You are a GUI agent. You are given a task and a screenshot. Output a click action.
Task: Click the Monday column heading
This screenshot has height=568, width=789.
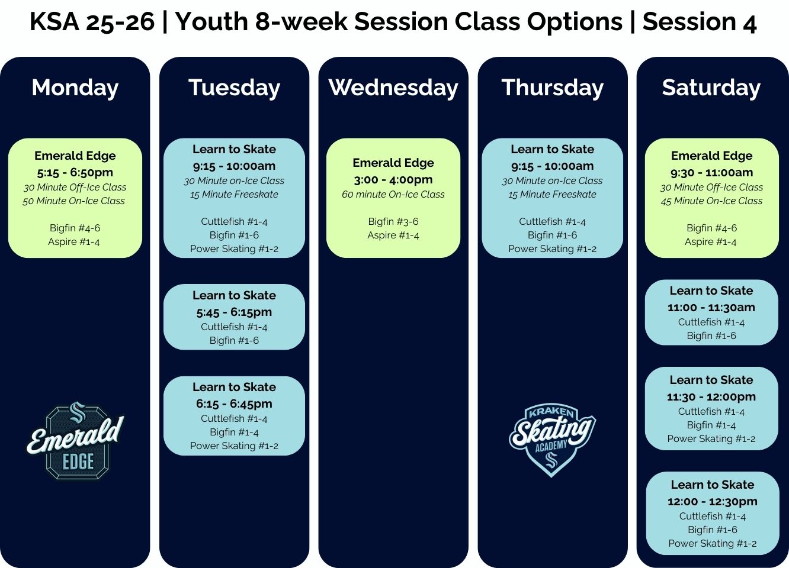75,88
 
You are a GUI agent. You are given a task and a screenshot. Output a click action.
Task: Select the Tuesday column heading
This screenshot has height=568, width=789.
234,88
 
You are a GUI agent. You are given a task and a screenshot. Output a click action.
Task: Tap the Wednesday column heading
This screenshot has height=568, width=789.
393,88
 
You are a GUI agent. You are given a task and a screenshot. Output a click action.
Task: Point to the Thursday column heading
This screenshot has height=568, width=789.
552,88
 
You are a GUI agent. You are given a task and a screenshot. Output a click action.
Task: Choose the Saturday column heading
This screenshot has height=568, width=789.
711,88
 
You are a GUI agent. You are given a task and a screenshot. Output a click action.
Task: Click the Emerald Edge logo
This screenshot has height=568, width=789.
75,440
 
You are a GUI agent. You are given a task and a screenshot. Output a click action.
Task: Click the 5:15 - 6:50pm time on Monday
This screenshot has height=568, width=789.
75,172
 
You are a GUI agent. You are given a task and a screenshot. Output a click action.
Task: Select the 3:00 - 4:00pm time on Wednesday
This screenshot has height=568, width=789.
393,179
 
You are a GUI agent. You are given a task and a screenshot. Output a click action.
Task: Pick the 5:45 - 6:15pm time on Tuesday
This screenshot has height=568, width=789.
234,312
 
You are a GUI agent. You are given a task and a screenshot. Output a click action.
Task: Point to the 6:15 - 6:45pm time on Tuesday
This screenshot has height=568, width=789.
234,404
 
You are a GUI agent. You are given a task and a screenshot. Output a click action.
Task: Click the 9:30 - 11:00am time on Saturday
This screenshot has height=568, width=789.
711,172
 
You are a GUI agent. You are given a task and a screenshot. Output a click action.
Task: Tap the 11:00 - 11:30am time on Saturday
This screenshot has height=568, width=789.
711,307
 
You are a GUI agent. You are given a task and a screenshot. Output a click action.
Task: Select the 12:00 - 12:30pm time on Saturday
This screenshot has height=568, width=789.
712,501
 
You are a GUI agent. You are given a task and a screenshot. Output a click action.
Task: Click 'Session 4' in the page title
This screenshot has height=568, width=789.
700,22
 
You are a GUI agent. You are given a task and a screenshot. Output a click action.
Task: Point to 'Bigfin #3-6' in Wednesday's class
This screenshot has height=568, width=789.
393,221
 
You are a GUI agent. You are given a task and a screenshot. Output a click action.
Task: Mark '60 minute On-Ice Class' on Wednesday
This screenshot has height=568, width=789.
393,194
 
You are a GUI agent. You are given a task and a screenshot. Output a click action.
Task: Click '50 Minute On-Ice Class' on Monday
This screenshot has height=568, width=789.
74,201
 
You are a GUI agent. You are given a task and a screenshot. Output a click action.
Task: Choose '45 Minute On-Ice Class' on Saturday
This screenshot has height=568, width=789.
711,201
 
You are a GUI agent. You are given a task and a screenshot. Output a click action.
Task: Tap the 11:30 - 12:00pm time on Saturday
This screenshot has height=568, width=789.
711,396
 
